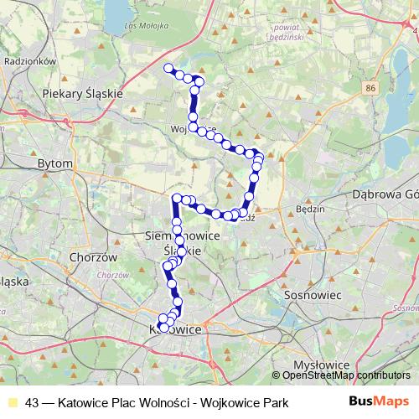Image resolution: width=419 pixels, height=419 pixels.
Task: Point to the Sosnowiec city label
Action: click(x=317, y=296)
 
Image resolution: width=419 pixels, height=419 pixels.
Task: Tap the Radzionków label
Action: click(x=30, y=61)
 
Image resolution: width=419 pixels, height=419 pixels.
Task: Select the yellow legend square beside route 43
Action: click(x=12, y=402)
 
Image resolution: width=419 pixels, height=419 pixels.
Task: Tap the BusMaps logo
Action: click(x=381, y=401)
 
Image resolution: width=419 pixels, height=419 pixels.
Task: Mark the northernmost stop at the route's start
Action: click(x=168, y=68)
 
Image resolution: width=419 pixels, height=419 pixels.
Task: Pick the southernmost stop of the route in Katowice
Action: click(x=161, y=327)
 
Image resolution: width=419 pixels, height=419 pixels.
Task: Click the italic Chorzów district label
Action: click(x=112, y=275)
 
